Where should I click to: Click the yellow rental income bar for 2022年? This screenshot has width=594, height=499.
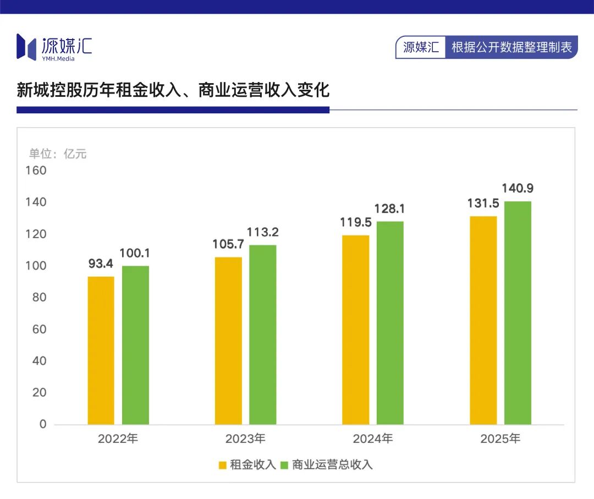[x=101, y=350]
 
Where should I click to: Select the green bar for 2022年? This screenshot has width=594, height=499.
[x=135, y=345]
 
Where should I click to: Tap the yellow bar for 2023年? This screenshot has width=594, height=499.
[x=228, y=341]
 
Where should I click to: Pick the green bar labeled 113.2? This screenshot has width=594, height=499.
[x=263, y=335]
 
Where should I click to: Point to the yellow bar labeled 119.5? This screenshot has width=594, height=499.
[x=356, y=330]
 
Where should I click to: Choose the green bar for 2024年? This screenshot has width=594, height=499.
[x=390, y=323]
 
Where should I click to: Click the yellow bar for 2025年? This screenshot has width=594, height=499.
[x=483, y=320]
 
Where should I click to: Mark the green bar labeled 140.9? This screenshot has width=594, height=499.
[x=518, y=312]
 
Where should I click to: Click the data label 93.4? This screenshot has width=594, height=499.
[x=101, y=264]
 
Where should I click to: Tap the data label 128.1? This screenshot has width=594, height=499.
[x=390, y=209]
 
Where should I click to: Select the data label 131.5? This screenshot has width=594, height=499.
[x=483, y=204]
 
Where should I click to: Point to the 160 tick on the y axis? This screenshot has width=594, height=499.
[x=36, y=171]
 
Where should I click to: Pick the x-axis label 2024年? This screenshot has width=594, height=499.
[x=373, y=439]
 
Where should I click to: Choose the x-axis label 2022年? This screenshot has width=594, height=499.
[x=118, y=439]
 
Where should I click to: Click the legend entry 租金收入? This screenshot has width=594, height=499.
[x=247, y=465]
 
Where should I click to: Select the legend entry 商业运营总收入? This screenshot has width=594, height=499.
[x=327, y=465]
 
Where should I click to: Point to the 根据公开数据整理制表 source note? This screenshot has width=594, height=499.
[x=512, y=47]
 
